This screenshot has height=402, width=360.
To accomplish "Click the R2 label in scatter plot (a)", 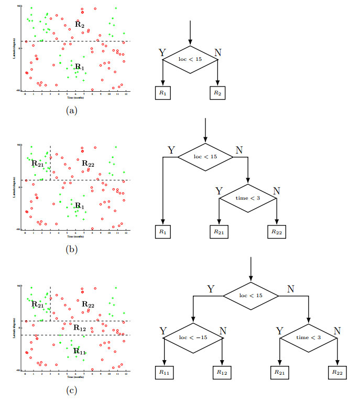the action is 79,24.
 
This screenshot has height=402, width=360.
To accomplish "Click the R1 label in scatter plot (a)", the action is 79,67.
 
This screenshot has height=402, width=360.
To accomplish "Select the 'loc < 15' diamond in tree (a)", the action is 190,60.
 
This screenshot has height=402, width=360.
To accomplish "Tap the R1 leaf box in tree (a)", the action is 162,92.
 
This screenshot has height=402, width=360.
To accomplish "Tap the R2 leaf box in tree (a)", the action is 217,92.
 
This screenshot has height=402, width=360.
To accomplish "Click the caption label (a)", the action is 72,110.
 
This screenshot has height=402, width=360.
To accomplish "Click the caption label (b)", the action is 72,249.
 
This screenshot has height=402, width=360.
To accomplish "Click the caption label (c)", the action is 72,389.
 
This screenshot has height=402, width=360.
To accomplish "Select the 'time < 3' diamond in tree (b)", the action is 248,198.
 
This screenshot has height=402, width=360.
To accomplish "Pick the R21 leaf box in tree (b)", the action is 220,231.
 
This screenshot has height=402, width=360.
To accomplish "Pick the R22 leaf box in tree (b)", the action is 277,231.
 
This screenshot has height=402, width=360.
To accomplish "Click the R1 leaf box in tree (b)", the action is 162,231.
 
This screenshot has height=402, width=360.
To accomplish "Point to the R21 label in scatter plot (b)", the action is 37,164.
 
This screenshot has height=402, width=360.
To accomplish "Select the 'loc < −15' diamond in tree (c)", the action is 193,338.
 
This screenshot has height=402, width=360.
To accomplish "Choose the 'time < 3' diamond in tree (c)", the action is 309,338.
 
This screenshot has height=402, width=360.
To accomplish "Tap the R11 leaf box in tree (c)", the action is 165,372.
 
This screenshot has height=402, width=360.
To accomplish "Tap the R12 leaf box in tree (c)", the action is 223,372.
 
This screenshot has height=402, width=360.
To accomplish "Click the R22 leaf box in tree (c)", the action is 337,372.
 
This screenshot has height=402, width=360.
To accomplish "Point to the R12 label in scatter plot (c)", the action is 80,328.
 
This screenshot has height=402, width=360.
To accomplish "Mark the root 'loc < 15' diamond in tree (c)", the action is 250,296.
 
